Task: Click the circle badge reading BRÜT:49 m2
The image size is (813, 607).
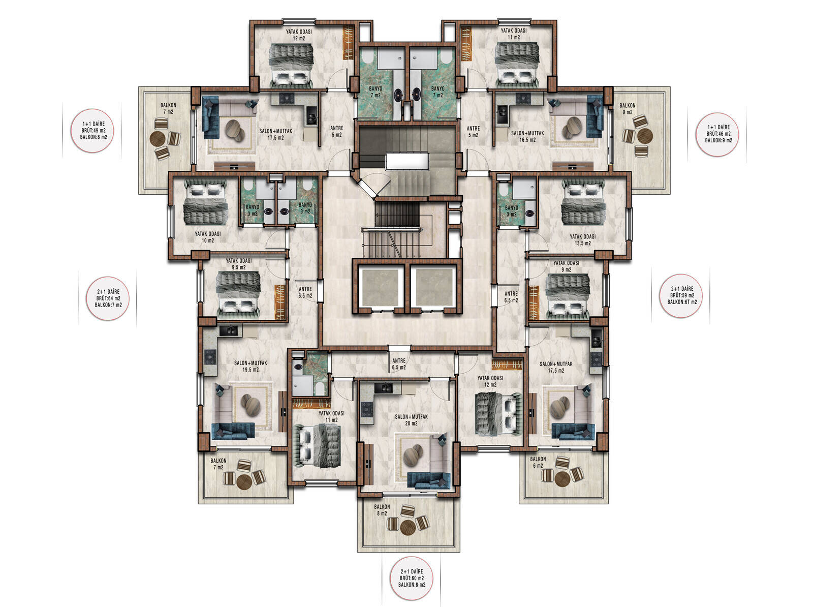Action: click(x=92, y=131)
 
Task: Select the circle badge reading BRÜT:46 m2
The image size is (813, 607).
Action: click(x=717, y=134)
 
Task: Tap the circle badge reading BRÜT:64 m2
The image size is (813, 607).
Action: click(x=108, y=298)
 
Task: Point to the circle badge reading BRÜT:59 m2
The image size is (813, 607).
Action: click(x=681, y=295)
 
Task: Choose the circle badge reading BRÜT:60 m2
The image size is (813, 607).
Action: click(x=411, y=578)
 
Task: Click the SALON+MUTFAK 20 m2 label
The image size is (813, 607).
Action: click(x=411, y=420)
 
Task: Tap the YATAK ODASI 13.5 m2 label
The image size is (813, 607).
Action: click(x=583, y=240)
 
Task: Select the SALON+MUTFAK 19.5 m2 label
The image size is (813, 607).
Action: click(x=251, y=366)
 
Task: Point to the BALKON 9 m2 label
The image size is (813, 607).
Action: click(x=628, y=109)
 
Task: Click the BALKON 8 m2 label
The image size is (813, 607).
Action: click(x=382, y=510)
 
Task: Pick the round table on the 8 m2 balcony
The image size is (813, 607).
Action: click(x=408, y=527)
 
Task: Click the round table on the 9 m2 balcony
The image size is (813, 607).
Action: click(x=645, y=136)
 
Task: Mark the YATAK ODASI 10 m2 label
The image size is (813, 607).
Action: click(x=208, y=237)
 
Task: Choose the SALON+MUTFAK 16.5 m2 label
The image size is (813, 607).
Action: click(x=527, y=136)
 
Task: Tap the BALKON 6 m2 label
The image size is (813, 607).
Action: click(x=538, y=462)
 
